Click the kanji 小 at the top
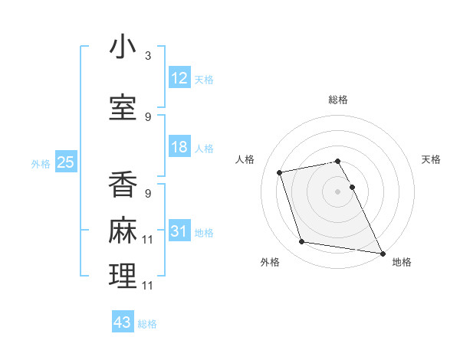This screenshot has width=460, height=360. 123,47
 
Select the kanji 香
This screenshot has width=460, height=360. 123,185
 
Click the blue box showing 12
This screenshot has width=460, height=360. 179,78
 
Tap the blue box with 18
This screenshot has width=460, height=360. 179,147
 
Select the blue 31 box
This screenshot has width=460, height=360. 179,231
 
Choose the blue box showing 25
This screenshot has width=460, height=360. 65,162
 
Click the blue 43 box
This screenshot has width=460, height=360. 123,322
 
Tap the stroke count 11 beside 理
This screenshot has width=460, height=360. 148,285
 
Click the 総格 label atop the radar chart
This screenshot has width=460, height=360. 337,100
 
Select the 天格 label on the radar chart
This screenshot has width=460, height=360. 431,159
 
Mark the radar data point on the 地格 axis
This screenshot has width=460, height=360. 382,253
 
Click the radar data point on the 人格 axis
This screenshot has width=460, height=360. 280,172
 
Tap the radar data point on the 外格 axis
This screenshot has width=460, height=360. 302,242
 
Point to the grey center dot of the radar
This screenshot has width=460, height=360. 337,191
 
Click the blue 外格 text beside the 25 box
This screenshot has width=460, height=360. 41,163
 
